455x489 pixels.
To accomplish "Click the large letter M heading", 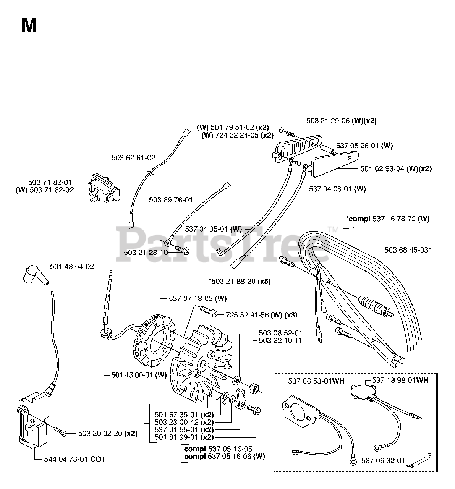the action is pyautogui.click(x=29, y=25).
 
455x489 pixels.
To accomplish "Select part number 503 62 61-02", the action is pyautogui.click(x=133, y=157).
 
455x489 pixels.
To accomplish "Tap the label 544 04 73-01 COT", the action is pyautogui.click(x=75, y=459).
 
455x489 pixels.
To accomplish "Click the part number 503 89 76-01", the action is pyautogui.click(x=171, y=200).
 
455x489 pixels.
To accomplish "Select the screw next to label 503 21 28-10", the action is pyautogui.click(x=183, y=249).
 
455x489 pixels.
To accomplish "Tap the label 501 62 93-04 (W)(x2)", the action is pyautogui.click(x=396, y=168).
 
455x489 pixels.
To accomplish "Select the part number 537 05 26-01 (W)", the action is pyautogui.click(x=364, y=146).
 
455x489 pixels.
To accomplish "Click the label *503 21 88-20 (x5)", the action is pyautogui.click(x=240, y=281).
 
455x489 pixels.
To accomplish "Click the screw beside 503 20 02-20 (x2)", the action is pyautogui.click(x=60, y=431).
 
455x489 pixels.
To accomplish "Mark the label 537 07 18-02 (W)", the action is pyautogui.click(x=198, y=299).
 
